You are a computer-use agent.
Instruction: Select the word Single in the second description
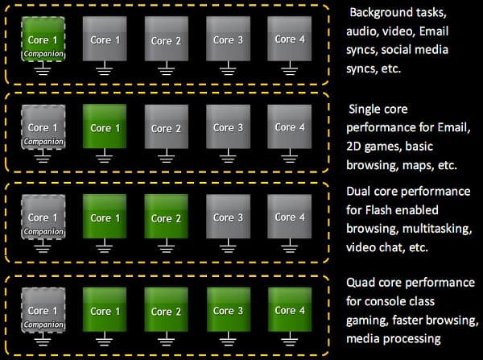[365, 109]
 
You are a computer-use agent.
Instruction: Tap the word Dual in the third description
[360, 192]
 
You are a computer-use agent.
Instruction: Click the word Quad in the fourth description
[361, 283]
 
